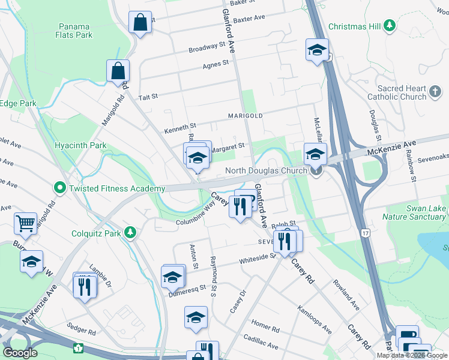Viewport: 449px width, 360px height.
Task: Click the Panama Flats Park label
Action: click(75, 31)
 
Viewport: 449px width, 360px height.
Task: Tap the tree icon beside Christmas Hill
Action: click(390, 25)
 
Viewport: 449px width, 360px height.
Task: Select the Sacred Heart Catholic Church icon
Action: click(435, 92)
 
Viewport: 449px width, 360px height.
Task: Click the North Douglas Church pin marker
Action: click(316, 170)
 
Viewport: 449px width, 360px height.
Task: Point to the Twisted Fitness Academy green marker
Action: click(59, 188)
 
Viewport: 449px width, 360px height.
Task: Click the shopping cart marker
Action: click(25, 223)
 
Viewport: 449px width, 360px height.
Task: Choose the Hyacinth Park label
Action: click(80, 145)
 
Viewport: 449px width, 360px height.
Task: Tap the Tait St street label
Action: click(148, 96)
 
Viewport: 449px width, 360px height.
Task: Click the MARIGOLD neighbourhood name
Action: click(245, 115)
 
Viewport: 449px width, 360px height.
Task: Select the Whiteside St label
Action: click(257, 258)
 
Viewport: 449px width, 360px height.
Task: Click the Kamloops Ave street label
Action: click(314, 319)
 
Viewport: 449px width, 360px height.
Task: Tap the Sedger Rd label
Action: click(82, 331)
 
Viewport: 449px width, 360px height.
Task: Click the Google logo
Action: click(20, 352)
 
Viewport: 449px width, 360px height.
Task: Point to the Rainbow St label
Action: click(412, 163)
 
